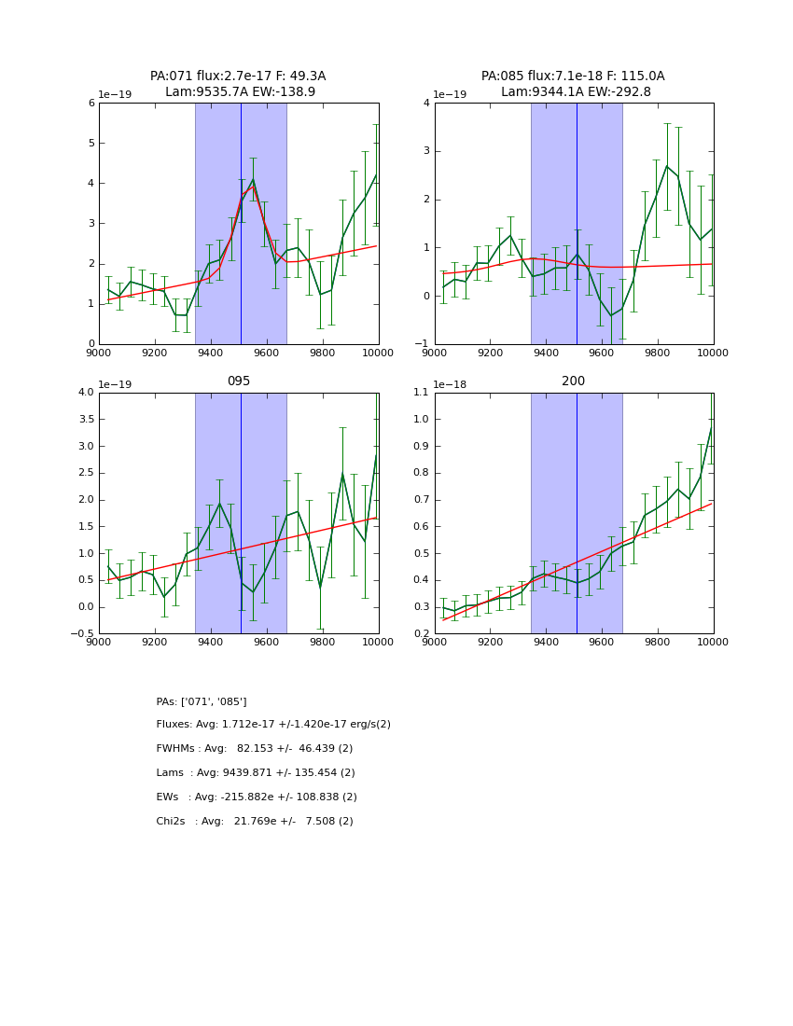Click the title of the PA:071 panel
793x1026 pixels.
(x=238, y=84)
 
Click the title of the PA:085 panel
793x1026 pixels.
(x=573, y=84)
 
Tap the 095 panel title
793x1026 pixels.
(x=238, y=381)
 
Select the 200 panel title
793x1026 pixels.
(x=573, y=381)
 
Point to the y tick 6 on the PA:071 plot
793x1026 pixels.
(x=91, y=104)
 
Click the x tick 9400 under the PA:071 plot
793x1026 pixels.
(x=211, y=353)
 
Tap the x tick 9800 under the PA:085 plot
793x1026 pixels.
(x=658, y=353)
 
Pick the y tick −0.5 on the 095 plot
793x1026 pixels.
(x=84, y=634)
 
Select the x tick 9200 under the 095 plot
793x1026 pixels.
(x=155, y=642)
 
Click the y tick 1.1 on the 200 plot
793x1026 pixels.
(x=420, y=393)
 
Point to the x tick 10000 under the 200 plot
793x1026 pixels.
(x=713, y=642)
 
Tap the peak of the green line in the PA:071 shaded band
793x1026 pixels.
(x=253, y=179)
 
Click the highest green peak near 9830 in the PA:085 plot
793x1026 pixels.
(x=666, y=166)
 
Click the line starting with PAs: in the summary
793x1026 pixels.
(x=202, y=701)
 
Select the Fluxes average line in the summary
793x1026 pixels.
(x=273, y=725)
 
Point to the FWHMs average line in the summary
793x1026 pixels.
(x=255, y=749)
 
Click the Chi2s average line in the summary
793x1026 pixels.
(x=255, y=822)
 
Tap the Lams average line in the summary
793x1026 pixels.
(x=256, y=773)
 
